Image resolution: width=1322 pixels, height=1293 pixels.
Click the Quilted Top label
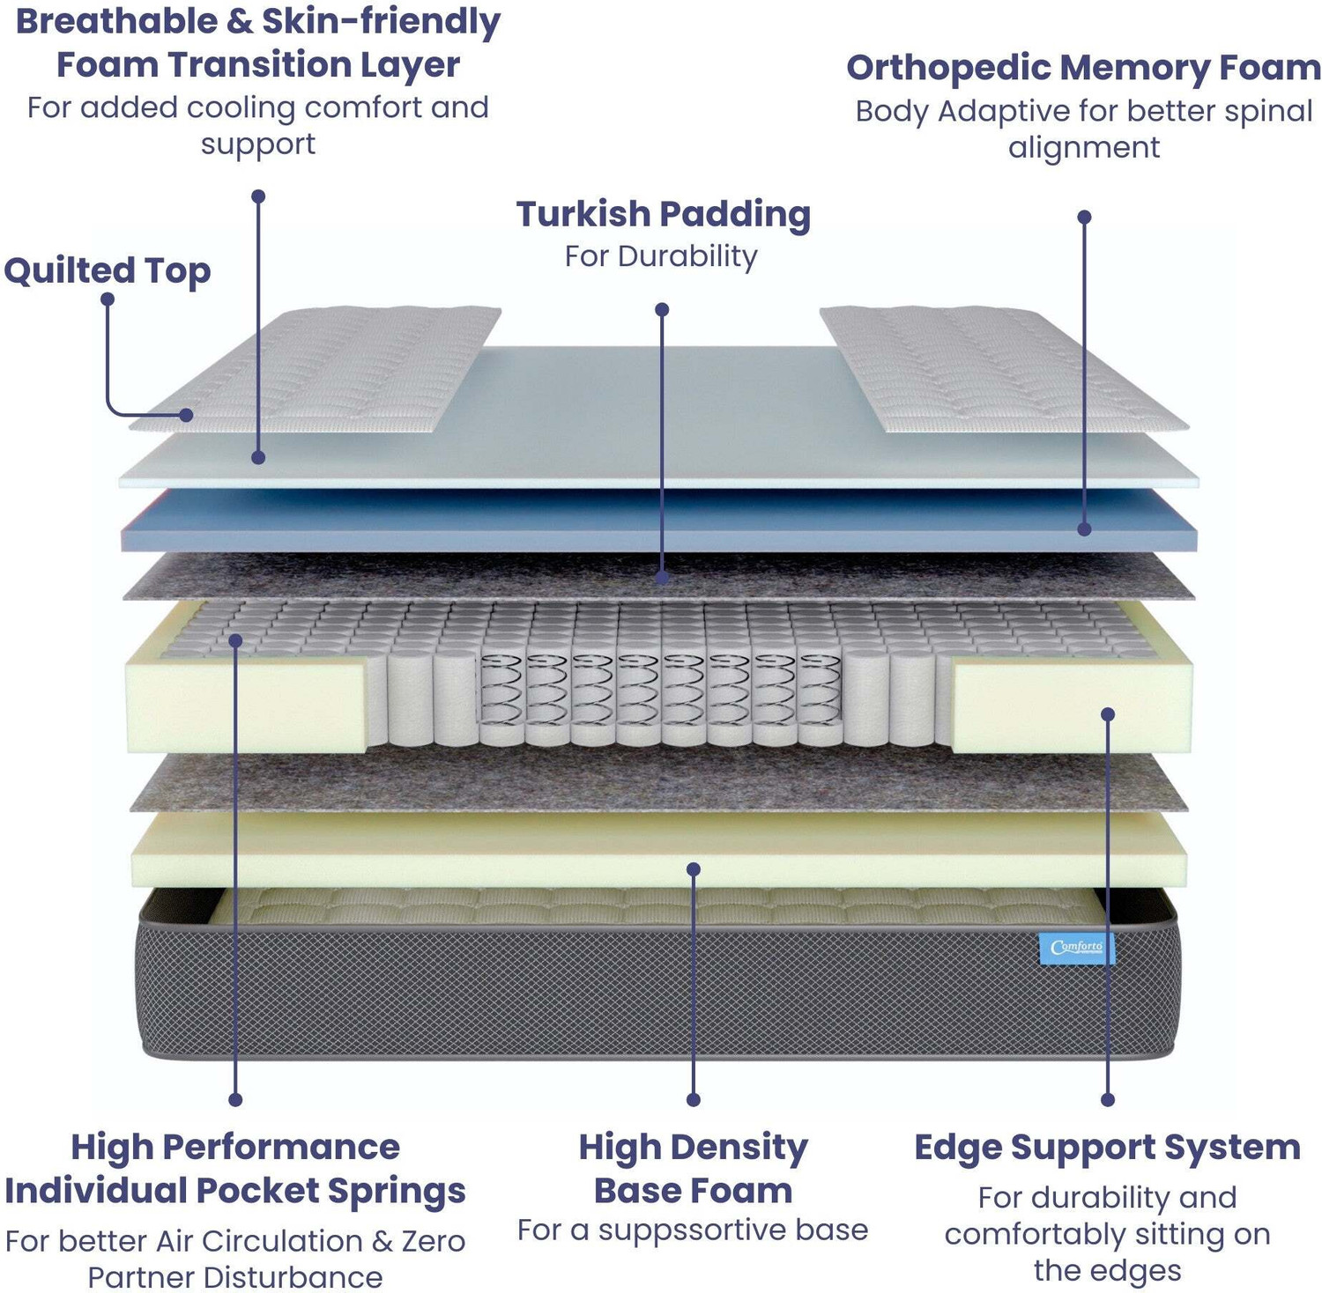(x=107, y=270)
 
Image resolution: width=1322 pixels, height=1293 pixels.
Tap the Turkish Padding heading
(x=663, y=214)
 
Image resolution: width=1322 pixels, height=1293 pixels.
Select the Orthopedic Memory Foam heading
(x=1083, y=68)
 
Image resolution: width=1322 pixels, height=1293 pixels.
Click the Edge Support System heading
(x=1107, y=1147)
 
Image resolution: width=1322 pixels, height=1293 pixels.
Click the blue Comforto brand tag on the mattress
(x=1076, y=949)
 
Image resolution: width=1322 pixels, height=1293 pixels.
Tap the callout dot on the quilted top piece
(x=186, y=415)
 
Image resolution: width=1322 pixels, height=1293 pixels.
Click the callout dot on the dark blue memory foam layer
(x=1084, y=529)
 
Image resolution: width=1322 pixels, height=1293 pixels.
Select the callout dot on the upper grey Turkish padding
(x=662, y=578)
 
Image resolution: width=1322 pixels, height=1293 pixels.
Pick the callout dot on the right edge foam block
(x=1108, y=714)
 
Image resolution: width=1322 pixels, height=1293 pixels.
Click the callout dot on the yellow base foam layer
(x=694, y=869)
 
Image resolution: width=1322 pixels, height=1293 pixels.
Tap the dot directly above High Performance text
(x=235, y=1099)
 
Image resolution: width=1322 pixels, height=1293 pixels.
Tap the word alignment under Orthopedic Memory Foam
(x=1084, y=147)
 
